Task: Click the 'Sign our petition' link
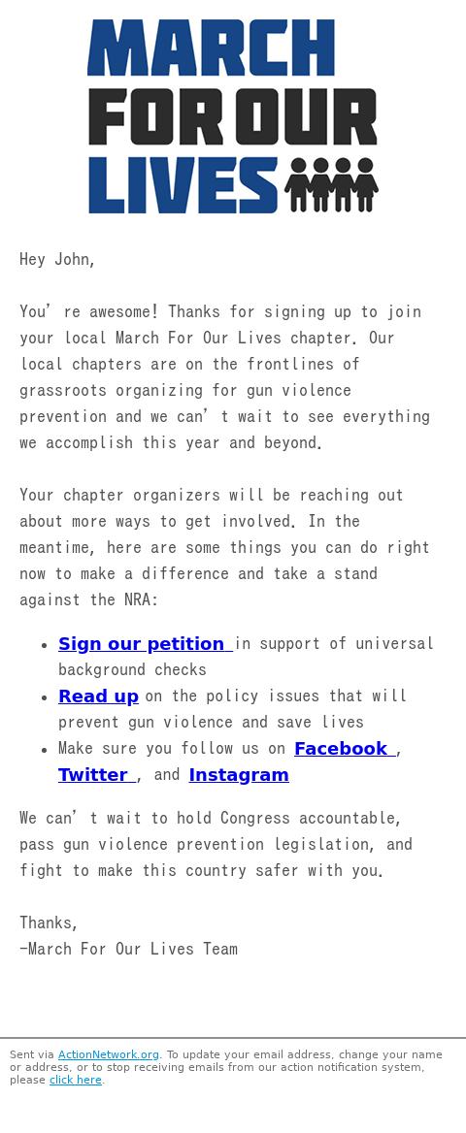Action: (142, 644)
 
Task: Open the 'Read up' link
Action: (98, 696)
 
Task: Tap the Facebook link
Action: (341, 749)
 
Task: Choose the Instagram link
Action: (239, 775)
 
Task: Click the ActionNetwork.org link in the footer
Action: (108, 1054)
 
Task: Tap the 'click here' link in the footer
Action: (75, 1080)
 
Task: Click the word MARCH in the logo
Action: (211, 49)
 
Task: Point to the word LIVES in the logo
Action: (183, 185)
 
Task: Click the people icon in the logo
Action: (331, 184)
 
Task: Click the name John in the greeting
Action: (74, 260)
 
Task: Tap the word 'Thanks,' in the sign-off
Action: (49, 923)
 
